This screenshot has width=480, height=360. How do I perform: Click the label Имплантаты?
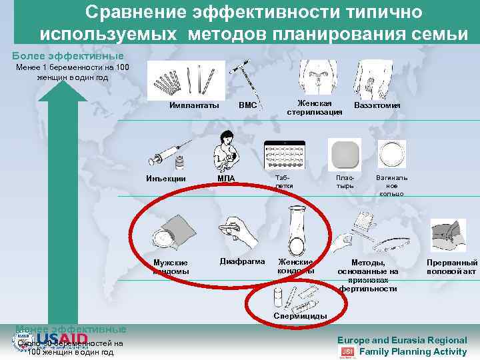[194, 105]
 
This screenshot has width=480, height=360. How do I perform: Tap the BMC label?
[247, 105]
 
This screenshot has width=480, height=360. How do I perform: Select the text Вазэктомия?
[377, 105]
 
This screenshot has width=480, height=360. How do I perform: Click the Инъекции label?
[166, 177]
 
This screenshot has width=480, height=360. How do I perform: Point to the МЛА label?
[226, 177]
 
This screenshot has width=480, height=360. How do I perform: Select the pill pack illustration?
[284, 156]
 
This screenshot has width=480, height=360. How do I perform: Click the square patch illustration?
[345, 153]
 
